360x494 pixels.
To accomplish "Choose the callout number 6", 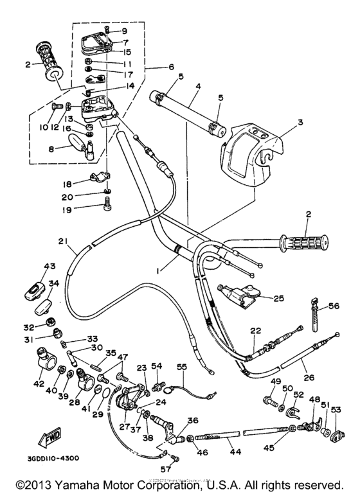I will point(172,67).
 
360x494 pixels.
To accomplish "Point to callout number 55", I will point(182,366).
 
